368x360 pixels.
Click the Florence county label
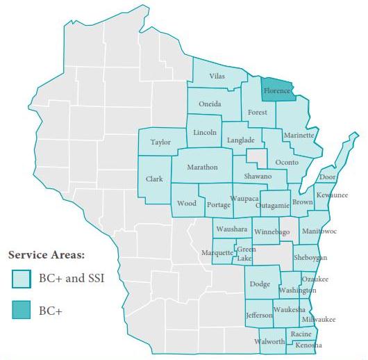coord(277,91)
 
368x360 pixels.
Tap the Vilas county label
coord(217,76)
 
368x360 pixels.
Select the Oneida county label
coord(210,104)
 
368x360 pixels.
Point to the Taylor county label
coord(160,142)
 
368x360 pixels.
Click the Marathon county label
coord(202,167)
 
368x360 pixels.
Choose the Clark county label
coord(154,179)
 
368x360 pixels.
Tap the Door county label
coord(327,177)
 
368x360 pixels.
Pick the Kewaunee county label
coord(332,195)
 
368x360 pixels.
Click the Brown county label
coord(302,202)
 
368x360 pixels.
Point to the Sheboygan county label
coord(310,257)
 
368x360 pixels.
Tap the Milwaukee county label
coord(319,319)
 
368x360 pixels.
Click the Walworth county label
coord(269,341)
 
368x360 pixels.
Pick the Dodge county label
coord(260,284)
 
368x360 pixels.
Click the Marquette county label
coord(218,252)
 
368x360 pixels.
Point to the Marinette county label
coord(299,135)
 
